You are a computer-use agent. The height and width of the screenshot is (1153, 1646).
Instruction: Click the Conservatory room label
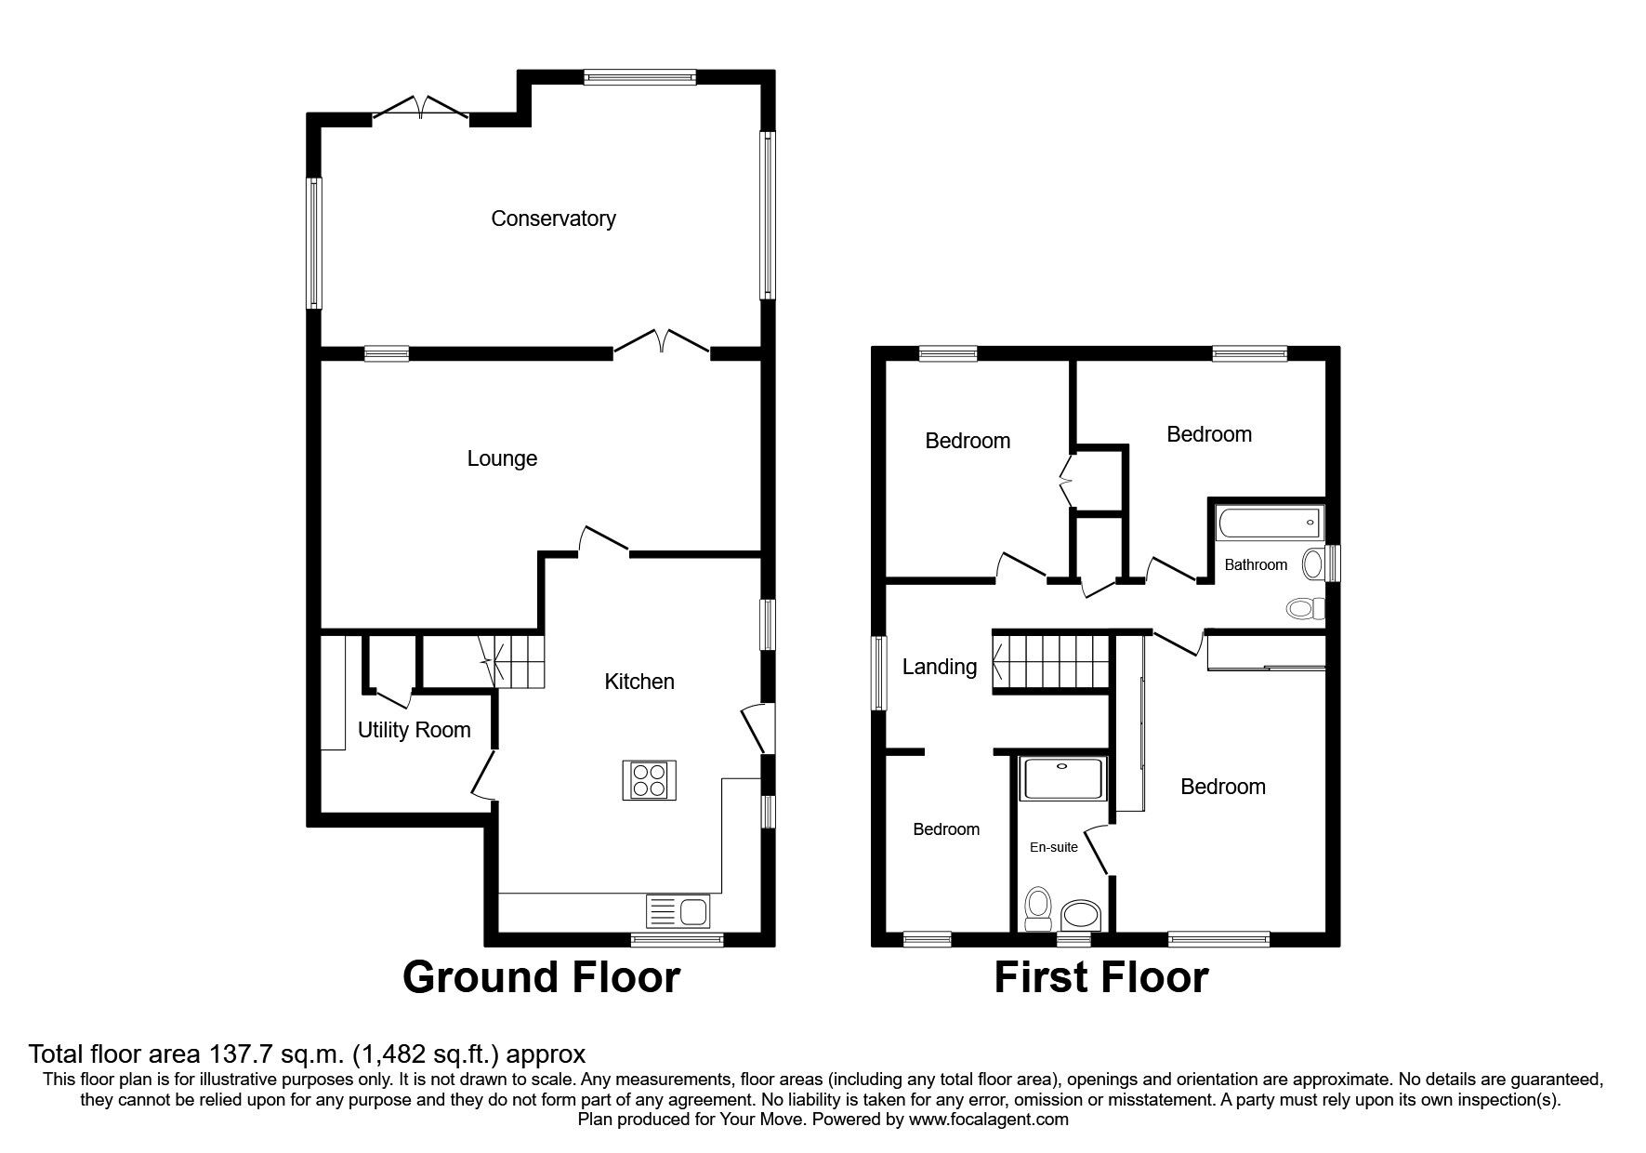point(553,219)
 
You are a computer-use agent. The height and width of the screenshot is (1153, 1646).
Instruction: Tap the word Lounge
point(502,458)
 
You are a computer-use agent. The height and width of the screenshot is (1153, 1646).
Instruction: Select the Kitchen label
point(639,682)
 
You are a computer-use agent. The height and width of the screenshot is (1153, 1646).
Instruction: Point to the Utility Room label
point(415,730)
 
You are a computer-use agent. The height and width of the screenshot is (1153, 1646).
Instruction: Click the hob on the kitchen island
point(649,779)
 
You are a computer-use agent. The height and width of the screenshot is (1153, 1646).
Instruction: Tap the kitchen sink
point(678,909)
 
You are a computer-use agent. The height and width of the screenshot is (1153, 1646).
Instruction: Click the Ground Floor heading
point(541,978)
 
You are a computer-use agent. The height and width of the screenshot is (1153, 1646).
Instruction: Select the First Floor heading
point(1101,978)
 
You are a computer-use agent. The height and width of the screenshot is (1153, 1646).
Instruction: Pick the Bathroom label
point(1256,564)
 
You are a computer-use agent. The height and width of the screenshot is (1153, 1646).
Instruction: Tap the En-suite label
point(1054,847)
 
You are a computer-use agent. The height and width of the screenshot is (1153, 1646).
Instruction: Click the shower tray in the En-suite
point(1063,779)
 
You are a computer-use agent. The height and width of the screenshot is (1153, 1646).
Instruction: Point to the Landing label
point(940,667)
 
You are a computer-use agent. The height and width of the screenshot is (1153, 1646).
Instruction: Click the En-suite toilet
point(1037,907)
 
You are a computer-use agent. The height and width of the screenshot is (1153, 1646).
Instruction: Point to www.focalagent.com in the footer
point(989,1120)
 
